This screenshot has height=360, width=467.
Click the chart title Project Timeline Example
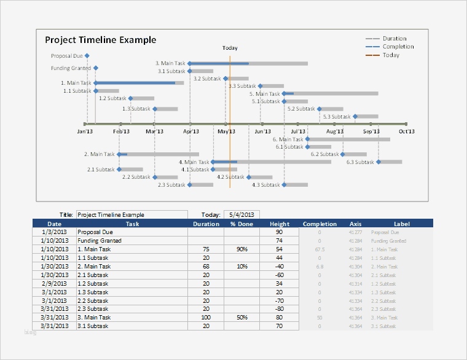pyautogui.click(x=101, y=41)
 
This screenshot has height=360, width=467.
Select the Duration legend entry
pyautogui.click(x=394, y=39)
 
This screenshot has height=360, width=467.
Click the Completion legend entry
pyautogui.click(x=398, y=47)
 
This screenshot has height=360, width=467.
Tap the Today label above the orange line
pyautogui.click(x=230, y=48)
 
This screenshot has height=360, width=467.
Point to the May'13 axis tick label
pyautogui.click(x=226, y=131)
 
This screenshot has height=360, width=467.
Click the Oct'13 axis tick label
pyautogui.click(x=406, y=131)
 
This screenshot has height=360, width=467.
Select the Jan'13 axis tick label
pyautogui.click(x=85, y=131)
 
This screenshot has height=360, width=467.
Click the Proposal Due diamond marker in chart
pyautogui.click(x=87, y=56)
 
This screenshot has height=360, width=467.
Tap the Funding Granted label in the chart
pyautogui.click(x=71, y=68)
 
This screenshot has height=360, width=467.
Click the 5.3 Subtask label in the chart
pyautogui.click(x=336, y=117)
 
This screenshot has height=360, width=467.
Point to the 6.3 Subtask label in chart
pyautogui.click(x=359, y=162)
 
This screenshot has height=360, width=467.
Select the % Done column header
pyautogui.click(x=241, y=224)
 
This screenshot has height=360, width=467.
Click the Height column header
pyautogui.click(x=279, y=224)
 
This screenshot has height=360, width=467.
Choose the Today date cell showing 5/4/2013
pyautogui.click(x=241, y=215)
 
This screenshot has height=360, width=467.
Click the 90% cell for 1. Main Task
pyautogui.click(x=241, y=249)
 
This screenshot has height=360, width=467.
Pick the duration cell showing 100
pyautogui.click(x=206, y=318)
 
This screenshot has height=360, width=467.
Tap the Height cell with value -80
pyautogui.click(x=279, y=309)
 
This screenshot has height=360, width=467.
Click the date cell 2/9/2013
pyautogui.click(x=54, y=283)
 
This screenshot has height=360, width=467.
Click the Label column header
pyautogui.click(x=402, y=224)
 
